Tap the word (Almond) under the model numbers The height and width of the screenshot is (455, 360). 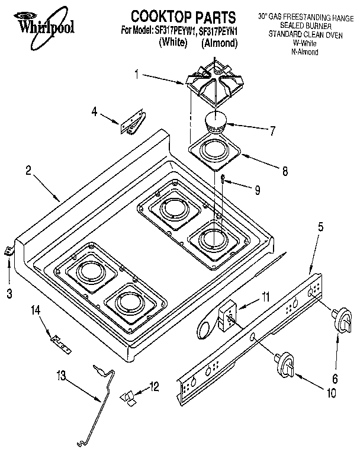point(219,43)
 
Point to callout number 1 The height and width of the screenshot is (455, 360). point(136,75)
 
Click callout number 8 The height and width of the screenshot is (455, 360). point(285,172)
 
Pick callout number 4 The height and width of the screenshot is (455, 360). point(95,111)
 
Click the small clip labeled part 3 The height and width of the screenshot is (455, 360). point(9,251)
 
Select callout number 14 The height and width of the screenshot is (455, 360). point(35,309)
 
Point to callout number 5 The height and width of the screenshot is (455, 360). point(320,226)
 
